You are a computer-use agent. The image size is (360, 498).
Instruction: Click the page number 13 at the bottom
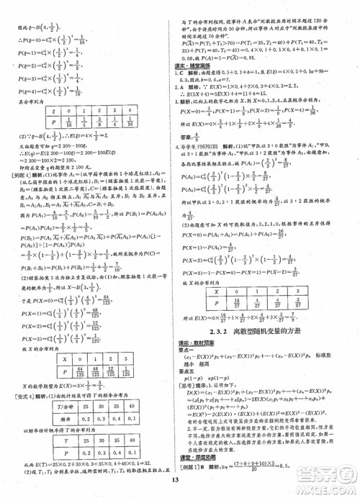180,483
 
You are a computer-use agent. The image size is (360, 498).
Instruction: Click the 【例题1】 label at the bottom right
193,468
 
